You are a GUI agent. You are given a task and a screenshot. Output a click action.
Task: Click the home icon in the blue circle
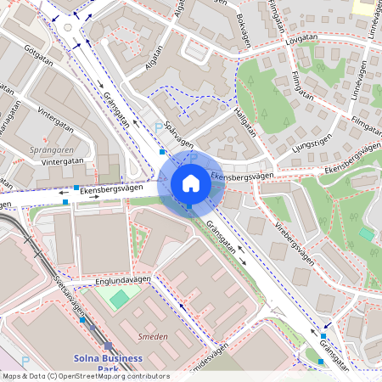(x=191, y=183)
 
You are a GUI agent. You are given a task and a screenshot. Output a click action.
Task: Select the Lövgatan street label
(x=307, y=38)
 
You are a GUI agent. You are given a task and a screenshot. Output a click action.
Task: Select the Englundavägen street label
(x=123, y=279)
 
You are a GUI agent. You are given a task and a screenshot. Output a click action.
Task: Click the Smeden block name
(x=153, y=337)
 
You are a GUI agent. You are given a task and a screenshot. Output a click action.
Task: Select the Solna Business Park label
(x=106, y=363)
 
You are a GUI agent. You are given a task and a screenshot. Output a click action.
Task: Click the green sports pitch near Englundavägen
(x=121, y=298)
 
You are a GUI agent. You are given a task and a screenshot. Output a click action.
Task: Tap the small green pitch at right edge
(x=366, y=233)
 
